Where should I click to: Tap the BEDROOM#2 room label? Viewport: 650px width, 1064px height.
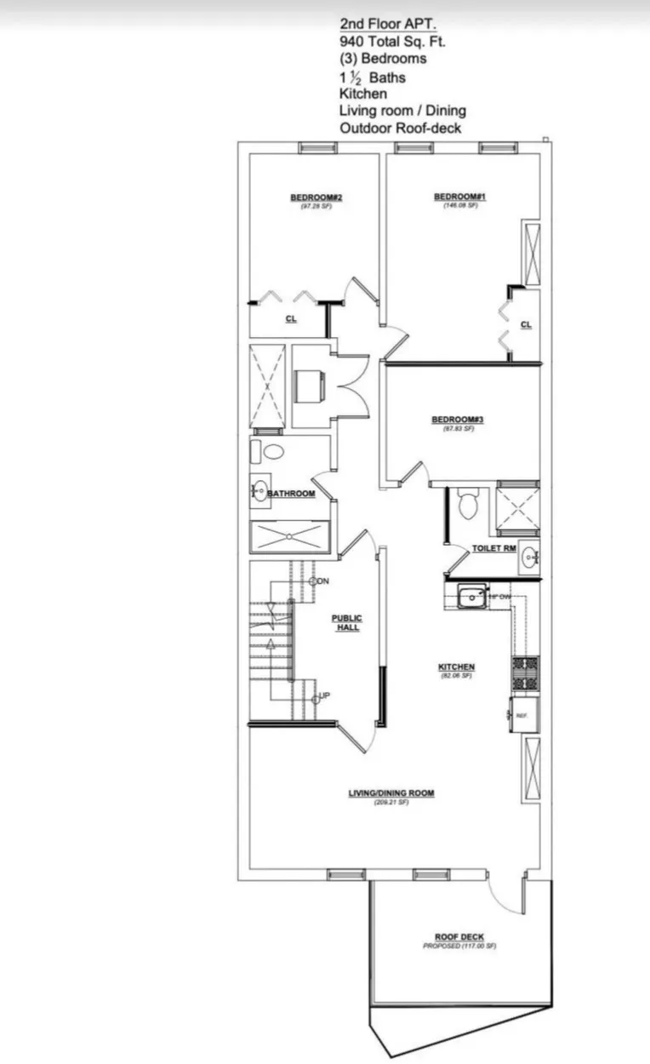[309, 197]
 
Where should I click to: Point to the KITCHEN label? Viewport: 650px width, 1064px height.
[456, 667]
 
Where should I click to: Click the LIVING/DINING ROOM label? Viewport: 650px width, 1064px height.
[391, 793]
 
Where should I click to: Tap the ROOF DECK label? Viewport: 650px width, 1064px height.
[459, 937]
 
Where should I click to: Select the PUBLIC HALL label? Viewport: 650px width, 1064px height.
[346, 622]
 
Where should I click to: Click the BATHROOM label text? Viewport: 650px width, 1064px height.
[292, 494]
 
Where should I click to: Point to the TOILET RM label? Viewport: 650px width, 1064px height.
[494, 548]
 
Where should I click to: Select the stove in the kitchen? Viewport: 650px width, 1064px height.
[524, 672]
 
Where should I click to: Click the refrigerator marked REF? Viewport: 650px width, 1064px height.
[522, 715]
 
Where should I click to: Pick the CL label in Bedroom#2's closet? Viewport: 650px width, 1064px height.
[290, 319]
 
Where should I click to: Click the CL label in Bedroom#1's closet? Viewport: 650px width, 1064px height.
[525, 324]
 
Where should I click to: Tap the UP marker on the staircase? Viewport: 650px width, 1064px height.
[324, 696]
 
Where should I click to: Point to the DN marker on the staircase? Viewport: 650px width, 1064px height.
[322, 581]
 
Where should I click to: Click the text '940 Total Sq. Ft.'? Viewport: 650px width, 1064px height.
[392, 40]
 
